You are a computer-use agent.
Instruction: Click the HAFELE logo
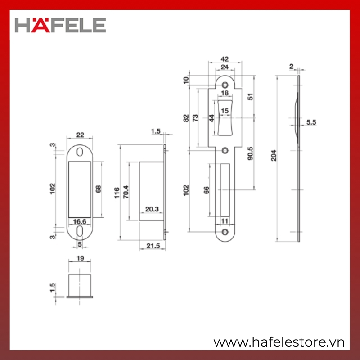(60, 25)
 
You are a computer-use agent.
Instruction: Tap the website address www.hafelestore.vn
(279, 342)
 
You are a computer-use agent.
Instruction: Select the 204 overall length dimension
(274, 155)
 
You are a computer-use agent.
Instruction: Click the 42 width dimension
(225, 59)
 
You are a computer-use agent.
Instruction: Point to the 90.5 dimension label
(250, 153)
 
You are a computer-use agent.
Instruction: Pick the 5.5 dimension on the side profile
(311, 122)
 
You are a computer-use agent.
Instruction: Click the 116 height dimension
(117, 193)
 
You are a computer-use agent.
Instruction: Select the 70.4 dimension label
(126, 192)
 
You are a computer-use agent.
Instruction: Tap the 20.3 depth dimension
(152, 209)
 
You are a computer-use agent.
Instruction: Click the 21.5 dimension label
(153, 246)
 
